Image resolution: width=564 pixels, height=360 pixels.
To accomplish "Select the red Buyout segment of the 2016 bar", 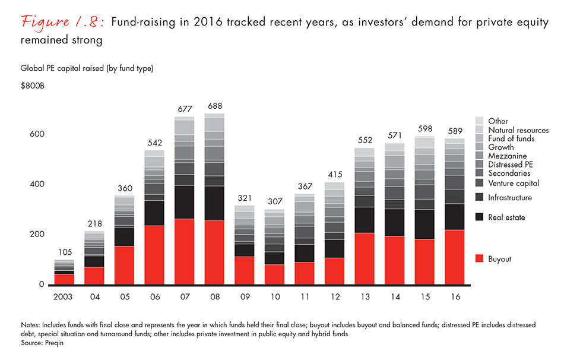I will click(x=454, y=257).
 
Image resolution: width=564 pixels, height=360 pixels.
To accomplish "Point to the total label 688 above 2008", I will click(x=215, y=107).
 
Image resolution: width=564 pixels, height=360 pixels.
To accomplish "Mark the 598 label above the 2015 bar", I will click(x=424, y=129).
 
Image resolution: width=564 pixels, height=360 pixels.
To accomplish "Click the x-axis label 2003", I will click(x=64, y=295).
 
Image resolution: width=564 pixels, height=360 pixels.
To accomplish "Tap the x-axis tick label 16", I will click(x=454, y=295).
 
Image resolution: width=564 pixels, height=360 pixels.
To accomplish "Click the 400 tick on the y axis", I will click(x=37, y=184).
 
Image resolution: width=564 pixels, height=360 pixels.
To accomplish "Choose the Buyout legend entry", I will click(x=499, y=259).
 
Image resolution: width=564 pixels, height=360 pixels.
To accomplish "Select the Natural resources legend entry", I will click(x=518, y=130).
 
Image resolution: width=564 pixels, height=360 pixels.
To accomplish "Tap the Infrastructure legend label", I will click(x=509, y=197).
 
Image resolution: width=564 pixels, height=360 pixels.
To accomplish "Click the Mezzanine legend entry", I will click(x=507, y=156).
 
